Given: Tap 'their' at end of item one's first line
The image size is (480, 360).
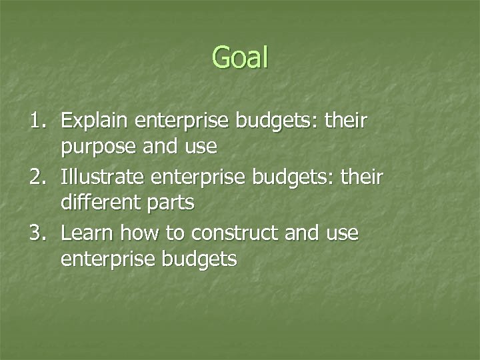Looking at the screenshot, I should (x=347, y=121).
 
